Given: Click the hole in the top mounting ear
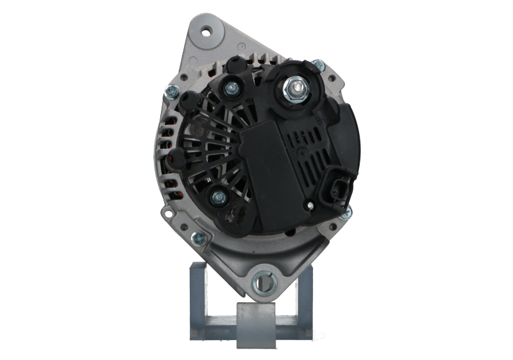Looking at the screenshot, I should [206, 30].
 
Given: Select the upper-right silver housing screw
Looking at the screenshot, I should [318, 65].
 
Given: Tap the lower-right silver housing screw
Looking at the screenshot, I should [346, 212].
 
